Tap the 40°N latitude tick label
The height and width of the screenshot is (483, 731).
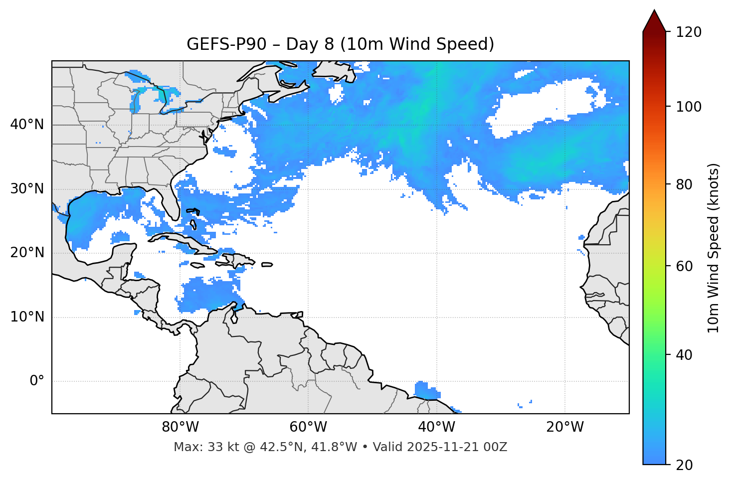pyautogui.click(x=27, y=125)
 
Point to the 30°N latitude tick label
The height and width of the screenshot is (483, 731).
pyautogui.click(x=27, y=189)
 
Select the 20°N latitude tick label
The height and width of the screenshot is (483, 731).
pyautogui.click(x=27, y=253)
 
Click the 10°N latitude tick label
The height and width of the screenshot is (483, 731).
pyautogui.click(x=27, y=317)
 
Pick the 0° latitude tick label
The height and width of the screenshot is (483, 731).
pyautogui.click(x=36, y=381)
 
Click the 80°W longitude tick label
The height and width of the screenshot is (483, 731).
pyautogui.click(x=180, y=427)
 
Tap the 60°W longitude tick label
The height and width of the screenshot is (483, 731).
pyautogui.click(x=308, y=427)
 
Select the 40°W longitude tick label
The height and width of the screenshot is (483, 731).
pyautogui.click(x=436, y=427)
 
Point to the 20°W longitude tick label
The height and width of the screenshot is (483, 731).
pyautogui.click(x=564, y=427)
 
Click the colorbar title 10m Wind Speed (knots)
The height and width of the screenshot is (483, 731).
pyautogui.click(x=714, y=248)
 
